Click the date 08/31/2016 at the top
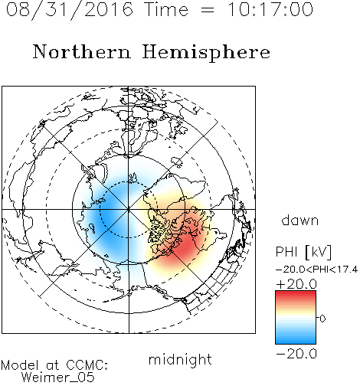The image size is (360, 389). [70, 9]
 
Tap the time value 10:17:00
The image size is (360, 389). [270, 9]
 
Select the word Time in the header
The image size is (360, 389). [166, 9]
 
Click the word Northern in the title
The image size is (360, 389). [82, 51]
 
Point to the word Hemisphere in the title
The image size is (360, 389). [206, 53]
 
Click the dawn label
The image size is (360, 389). [300, 220]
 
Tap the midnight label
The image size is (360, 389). [180, 360]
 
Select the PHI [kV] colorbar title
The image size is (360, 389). [303, 252]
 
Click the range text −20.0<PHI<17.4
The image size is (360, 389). [316, 270]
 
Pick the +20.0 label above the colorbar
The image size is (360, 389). [296, 284]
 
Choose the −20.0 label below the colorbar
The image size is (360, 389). [296, 354]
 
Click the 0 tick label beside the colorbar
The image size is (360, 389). [322, 319]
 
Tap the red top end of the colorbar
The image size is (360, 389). [296, 293]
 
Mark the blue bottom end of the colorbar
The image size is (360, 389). [296, 342]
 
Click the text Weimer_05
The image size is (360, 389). [58, 378]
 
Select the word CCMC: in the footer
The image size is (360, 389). [87, 365]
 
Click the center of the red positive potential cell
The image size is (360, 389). [185, 246]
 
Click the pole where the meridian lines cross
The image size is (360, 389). [129, 209]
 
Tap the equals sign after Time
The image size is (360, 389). [208, 10]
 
